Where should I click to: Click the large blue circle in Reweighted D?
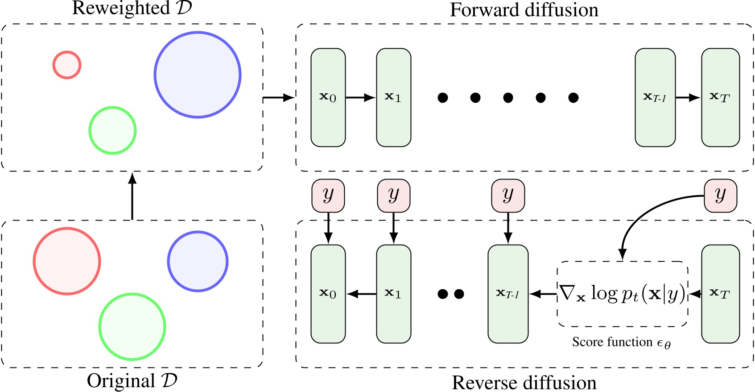coord(198,75)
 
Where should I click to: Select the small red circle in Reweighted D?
coord(67,65)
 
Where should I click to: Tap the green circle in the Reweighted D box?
coord(112,130)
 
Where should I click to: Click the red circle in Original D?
coord(67,261)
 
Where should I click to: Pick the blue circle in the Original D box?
coord(198,261)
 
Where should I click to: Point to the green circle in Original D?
coord(132,326)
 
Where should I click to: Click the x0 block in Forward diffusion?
coord(328,97)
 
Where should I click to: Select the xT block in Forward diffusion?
coord(720,97)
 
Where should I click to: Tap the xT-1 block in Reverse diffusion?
coord(508,294)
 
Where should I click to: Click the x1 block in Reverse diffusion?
coord(393,294)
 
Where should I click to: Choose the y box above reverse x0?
coord(328,196)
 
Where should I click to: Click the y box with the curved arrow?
coord(720,196)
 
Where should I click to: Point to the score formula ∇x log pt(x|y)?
coord(622,294)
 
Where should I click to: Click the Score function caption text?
coord(621,342)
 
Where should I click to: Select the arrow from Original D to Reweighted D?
coord(132,196)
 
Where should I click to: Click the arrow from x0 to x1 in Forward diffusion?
coord(360,97)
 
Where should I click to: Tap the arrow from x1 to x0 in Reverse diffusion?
coord(361,294)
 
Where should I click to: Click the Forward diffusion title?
coord(524,10)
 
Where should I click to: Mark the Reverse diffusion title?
coord(524,383)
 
